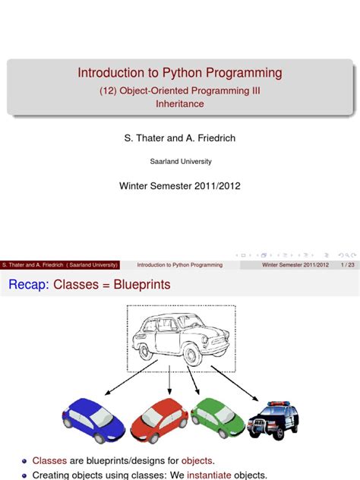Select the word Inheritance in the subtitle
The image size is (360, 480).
pos(180,103)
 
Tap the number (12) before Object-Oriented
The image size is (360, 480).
pos(111,90)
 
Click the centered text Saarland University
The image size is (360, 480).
pos(180,161)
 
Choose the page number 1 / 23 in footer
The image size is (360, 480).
pos(349,265)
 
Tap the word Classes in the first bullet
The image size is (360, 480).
pos(49,460)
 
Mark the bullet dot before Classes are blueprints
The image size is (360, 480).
pos(24,461)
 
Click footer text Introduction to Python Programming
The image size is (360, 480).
pos(179,265)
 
